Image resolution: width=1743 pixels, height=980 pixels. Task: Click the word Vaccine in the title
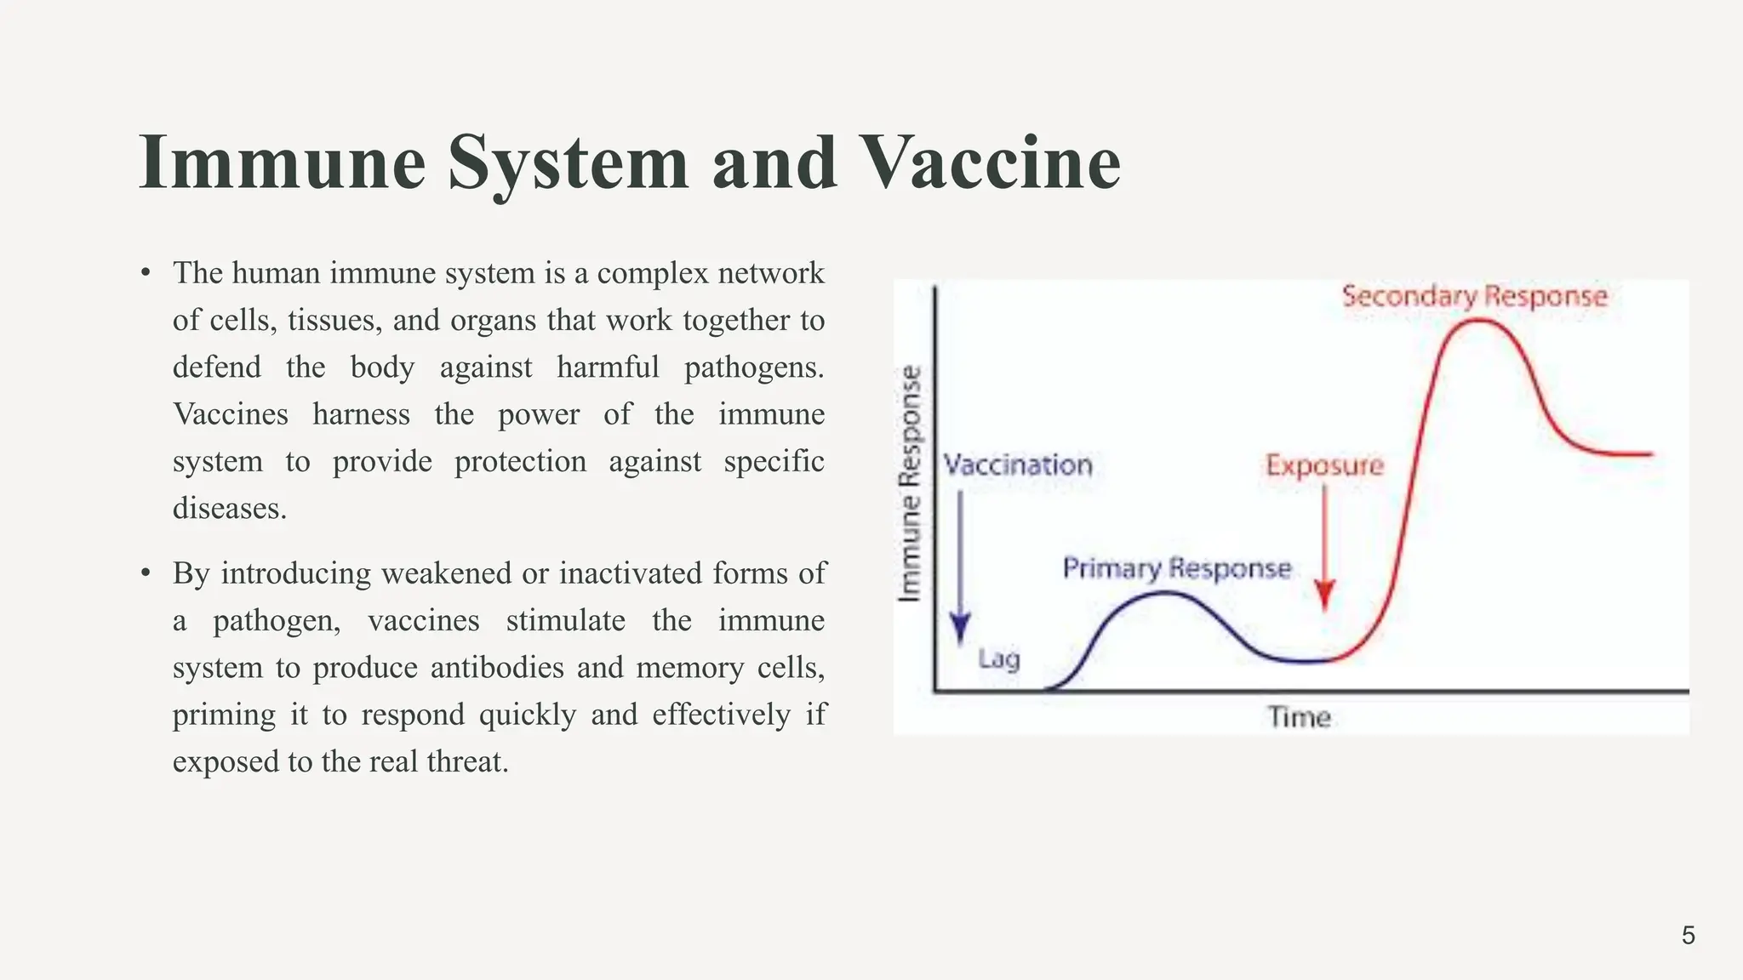coord(991,162)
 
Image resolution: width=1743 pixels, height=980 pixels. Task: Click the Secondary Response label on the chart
coord(1474,296)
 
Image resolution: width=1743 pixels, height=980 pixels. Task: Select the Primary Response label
coord(1176,568)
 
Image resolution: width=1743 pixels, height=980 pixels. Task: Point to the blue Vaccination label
coord(1018,465)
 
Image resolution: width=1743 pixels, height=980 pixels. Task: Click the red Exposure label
coord(1324,465)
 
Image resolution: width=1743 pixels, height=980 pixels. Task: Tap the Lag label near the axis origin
coord(998,658)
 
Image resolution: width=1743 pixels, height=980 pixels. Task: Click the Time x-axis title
coord(1299,717)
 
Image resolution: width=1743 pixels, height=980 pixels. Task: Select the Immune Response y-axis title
coord(911,483)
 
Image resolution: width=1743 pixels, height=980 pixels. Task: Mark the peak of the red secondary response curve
coord(1479,321)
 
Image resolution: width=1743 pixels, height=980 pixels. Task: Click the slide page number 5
coord(1689,936)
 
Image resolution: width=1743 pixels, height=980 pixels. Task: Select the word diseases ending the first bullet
coord(229,509)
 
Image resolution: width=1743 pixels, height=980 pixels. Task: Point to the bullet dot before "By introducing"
coord(146,573)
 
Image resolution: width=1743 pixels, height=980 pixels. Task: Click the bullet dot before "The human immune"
coord(146,273)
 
